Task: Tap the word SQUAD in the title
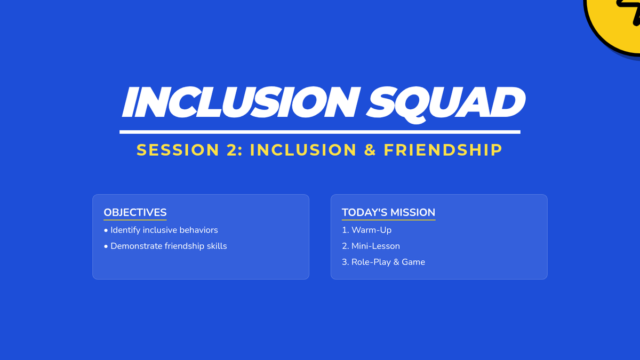(446, 105)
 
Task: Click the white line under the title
(320, 132)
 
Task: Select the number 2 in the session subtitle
(232, 150)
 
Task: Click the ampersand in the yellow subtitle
(370, 150)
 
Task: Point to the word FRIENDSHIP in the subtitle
(443, 150)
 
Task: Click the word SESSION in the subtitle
(178, 150)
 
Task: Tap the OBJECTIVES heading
(135, 213)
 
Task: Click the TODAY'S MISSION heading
(389, 213)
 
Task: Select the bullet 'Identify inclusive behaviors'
(161, 230)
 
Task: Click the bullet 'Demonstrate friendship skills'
(165, 246)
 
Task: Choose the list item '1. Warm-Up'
(366, 230)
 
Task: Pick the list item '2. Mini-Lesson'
(371, 246)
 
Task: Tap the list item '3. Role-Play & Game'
(383, 262)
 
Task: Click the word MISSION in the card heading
(413, 213)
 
